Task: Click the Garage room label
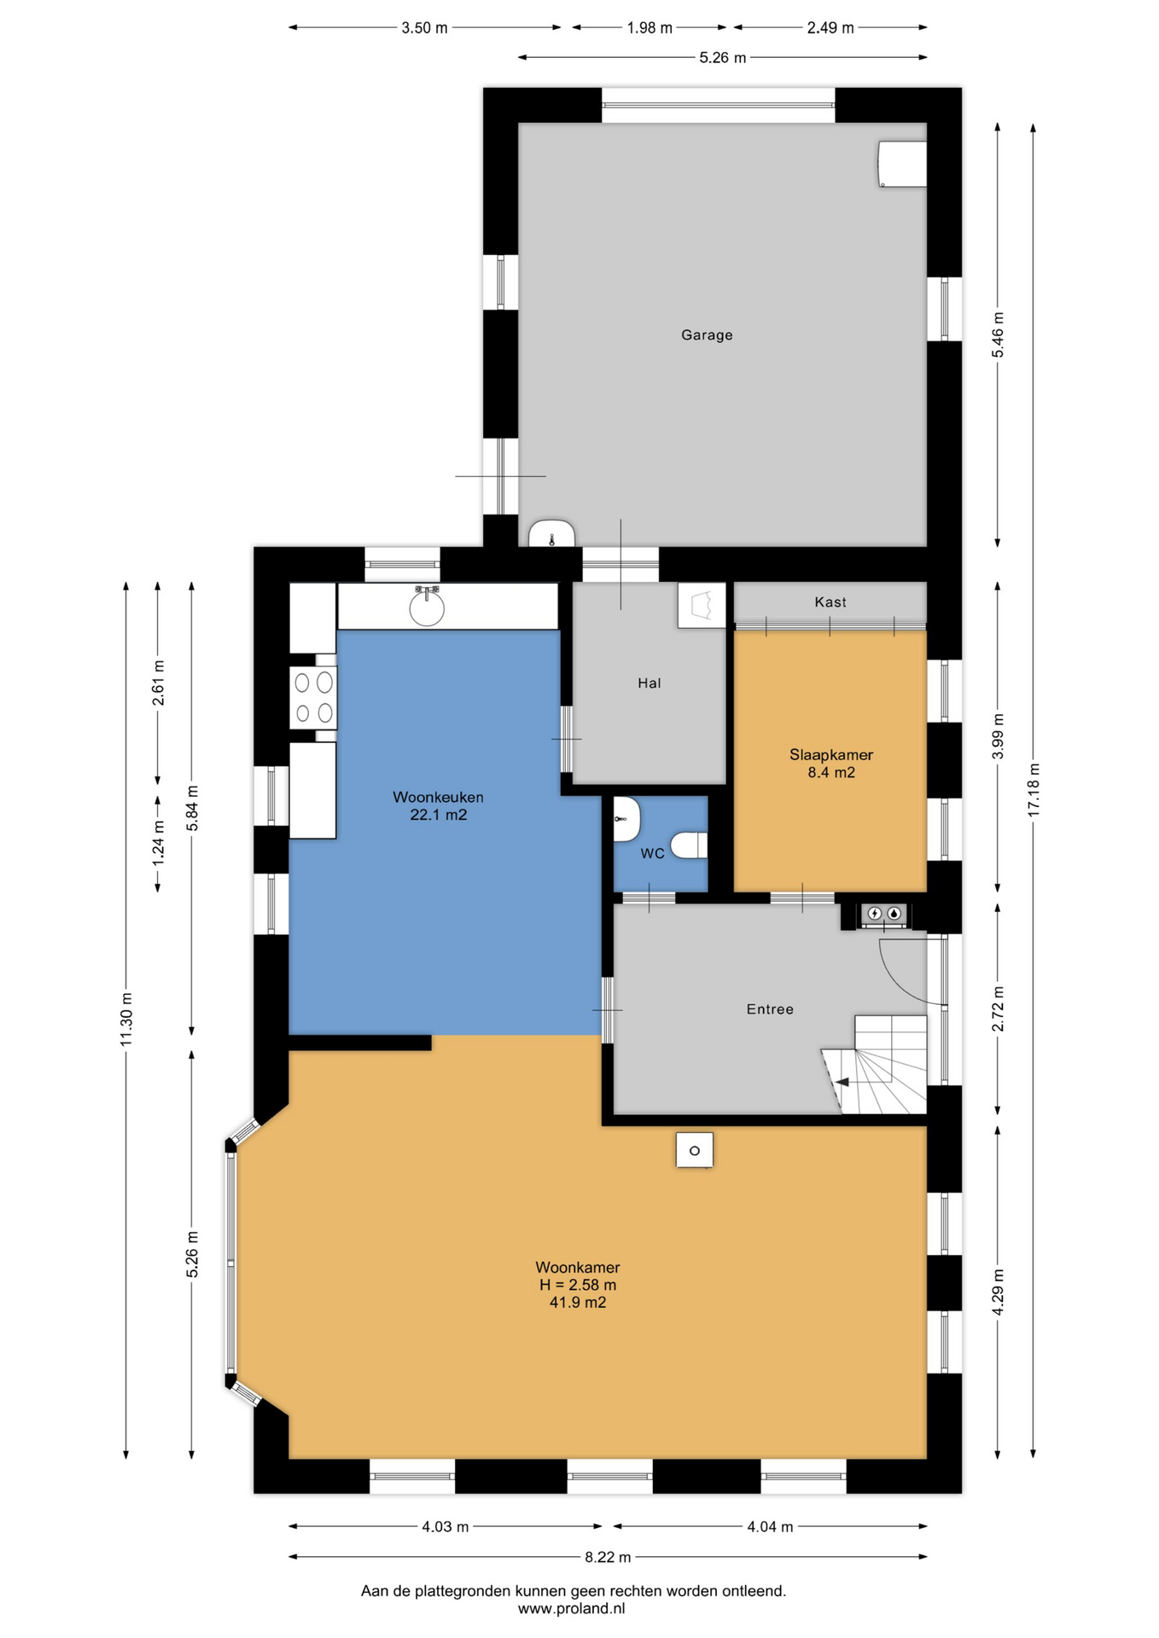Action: pyautogui.click(x=707, y=335)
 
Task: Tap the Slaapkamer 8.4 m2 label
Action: pyautogui.click(x=830, y=764)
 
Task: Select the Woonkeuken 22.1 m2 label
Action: pyautogui.click(x=438, y=805)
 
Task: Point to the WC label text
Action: pyautogui.click(x=652, y=853)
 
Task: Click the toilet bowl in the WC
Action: pyautogui.click(x=690, y=845)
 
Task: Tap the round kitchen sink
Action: pyautogui.click(x=427, y=607)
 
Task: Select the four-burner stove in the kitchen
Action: pyautogui.click(x=313, y=697)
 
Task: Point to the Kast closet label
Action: pyautogui.click(x=830, y=602)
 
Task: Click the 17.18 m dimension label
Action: pyautogui.click(x=1034, y=789)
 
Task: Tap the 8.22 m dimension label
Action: pyautogui.click(x=608, y=1557)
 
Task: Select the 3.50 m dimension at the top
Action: pyautogui.click(x=424, y=27)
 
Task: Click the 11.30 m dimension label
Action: pyautogui.click(x=126, y=1019)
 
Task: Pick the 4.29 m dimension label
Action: pyautogui.click(x=998, y=1292)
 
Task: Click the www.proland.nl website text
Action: pyautogui.click(x=571, y=1609)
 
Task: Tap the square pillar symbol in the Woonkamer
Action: pyautogui.click(x=695, y=1150)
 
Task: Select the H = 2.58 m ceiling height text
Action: pyautogui.click(x=578, y=1285)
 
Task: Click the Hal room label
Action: pyautogui.click(x=649, y=683)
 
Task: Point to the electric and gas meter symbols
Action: pyautogui.click(x=884, y=914)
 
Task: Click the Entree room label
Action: pyautogui.click(x=770, y=1009)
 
